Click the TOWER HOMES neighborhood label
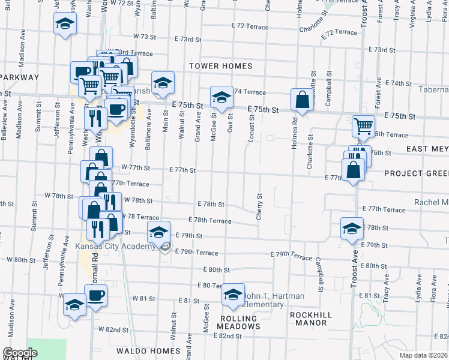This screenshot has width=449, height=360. (220, 65)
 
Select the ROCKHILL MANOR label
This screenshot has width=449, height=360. (309, 318)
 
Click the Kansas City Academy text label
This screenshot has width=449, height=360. (115, 246)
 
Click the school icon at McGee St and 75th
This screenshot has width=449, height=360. (221, 98)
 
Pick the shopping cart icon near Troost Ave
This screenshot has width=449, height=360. (363, 126)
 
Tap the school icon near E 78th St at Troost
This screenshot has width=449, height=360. (352, 229)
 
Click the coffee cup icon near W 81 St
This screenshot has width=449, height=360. (95, 296)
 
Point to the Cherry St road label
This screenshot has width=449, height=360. (260, 206)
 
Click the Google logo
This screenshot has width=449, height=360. (20, 352)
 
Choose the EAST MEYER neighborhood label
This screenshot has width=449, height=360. (427, 149)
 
